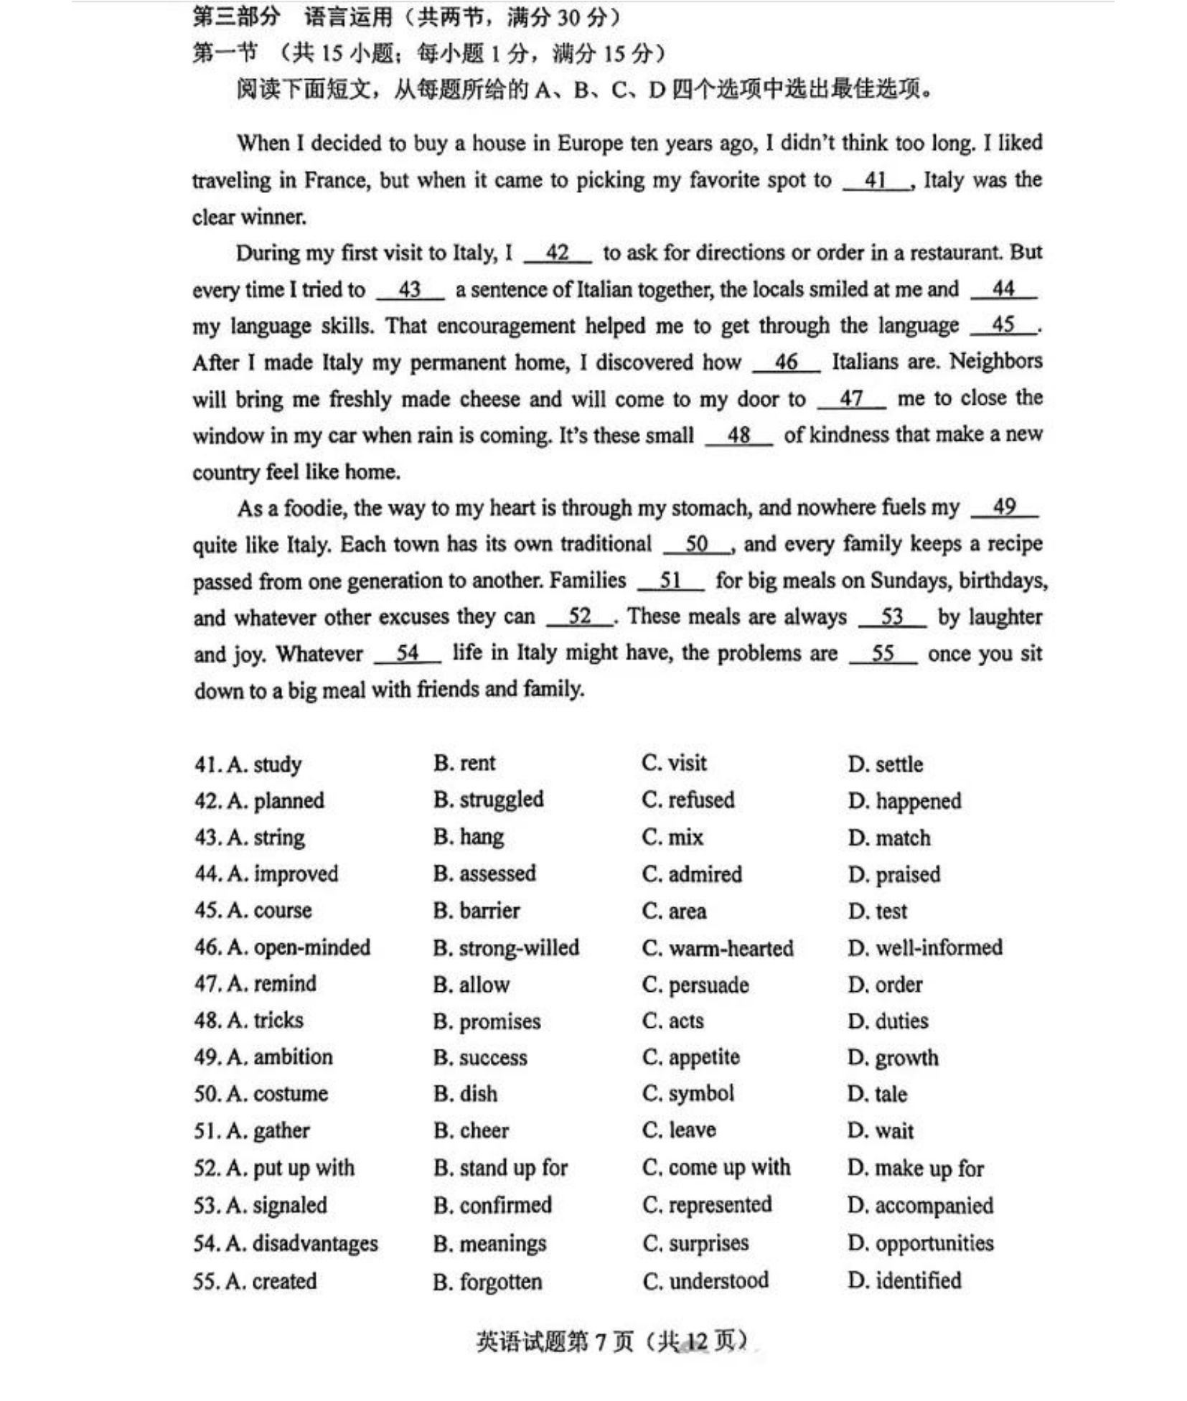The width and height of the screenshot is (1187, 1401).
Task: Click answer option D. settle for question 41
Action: coord(884,764)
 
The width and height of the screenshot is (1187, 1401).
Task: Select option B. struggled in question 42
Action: coord(488,800)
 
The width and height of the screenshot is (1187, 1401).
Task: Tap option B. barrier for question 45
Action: coord(477,911)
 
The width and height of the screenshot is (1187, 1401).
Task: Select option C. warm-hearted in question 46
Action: coord(717,948)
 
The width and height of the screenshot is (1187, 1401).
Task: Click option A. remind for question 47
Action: coord(271,983)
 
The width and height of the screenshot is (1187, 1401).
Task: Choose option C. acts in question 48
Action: coord(672,1021)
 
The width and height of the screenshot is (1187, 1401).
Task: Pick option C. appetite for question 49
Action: coord(690,1057)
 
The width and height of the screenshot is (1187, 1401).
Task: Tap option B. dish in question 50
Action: coord(465,1094)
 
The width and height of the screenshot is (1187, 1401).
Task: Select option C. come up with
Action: coord(716,1167)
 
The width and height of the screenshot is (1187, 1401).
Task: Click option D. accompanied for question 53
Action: coord(919,1205)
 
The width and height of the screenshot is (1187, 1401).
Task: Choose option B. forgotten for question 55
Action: coord(487,1281)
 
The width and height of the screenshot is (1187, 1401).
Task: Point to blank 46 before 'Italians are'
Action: coord(786,362)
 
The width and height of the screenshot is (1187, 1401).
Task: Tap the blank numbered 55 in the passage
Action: coord(882,653)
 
